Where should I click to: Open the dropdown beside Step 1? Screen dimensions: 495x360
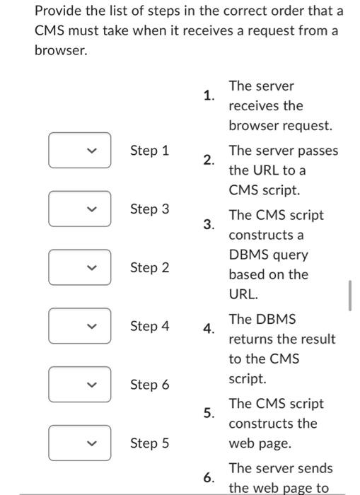[79, 150]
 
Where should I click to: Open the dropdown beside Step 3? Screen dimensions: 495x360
[79, 209]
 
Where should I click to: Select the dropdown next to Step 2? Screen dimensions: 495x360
[79, 267]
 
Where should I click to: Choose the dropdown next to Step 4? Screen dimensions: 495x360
[79, 326]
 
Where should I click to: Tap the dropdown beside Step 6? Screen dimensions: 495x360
[79, 385]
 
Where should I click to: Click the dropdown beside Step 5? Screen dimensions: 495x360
[79, 443]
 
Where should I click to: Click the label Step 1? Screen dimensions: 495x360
[149, 150]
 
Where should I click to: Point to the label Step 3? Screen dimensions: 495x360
[149, 209]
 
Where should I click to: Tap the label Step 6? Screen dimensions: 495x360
[149, 385]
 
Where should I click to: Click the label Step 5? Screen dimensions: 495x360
[149, 443]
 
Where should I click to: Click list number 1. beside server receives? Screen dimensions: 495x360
[208, 95]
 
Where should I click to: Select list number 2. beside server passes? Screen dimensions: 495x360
[208, 161]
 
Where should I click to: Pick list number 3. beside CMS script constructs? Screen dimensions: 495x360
[208, 225]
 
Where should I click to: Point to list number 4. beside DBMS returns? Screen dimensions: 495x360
[208, 329]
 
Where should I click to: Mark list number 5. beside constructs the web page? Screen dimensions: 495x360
[208, 414]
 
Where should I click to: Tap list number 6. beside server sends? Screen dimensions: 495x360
[208, 478]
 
